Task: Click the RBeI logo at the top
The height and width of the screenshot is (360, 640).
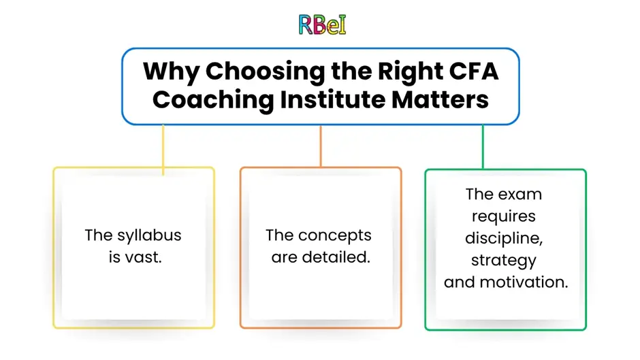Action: tap(322, 24)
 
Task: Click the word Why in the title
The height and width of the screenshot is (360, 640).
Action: tap(171, 72)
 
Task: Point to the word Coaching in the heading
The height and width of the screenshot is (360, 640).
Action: tap(213, 101)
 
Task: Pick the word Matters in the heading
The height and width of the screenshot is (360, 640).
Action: tap(440, 99)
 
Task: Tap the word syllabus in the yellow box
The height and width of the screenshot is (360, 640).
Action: tap(149, 236)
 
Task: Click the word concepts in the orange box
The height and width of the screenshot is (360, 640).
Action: tap(335, 236)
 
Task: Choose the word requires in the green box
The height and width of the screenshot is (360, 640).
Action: tap(504, 216)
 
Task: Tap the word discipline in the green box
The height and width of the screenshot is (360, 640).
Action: tap(504, 238)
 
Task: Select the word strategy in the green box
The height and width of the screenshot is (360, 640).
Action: tap(504, 261)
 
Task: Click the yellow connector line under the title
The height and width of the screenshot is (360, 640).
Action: tap(163, 150)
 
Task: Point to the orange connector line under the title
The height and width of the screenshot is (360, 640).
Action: tap(321, 146)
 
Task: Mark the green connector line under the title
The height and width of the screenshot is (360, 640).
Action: tap(483, 147)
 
